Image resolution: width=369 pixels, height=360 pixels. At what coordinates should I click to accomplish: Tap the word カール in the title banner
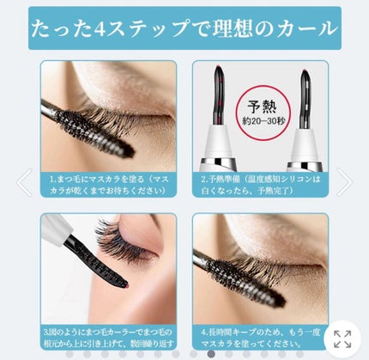tap(305, 29)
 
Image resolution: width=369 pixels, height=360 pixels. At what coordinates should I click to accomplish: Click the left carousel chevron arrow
tap(24, 181)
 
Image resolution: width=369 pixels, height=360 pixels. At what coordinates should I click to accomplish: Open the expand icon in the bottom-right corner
tap(342, 339)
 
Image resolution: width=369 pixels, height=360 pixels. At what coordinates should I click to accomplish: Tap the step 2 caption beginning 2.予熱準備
tap(259, 185)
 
